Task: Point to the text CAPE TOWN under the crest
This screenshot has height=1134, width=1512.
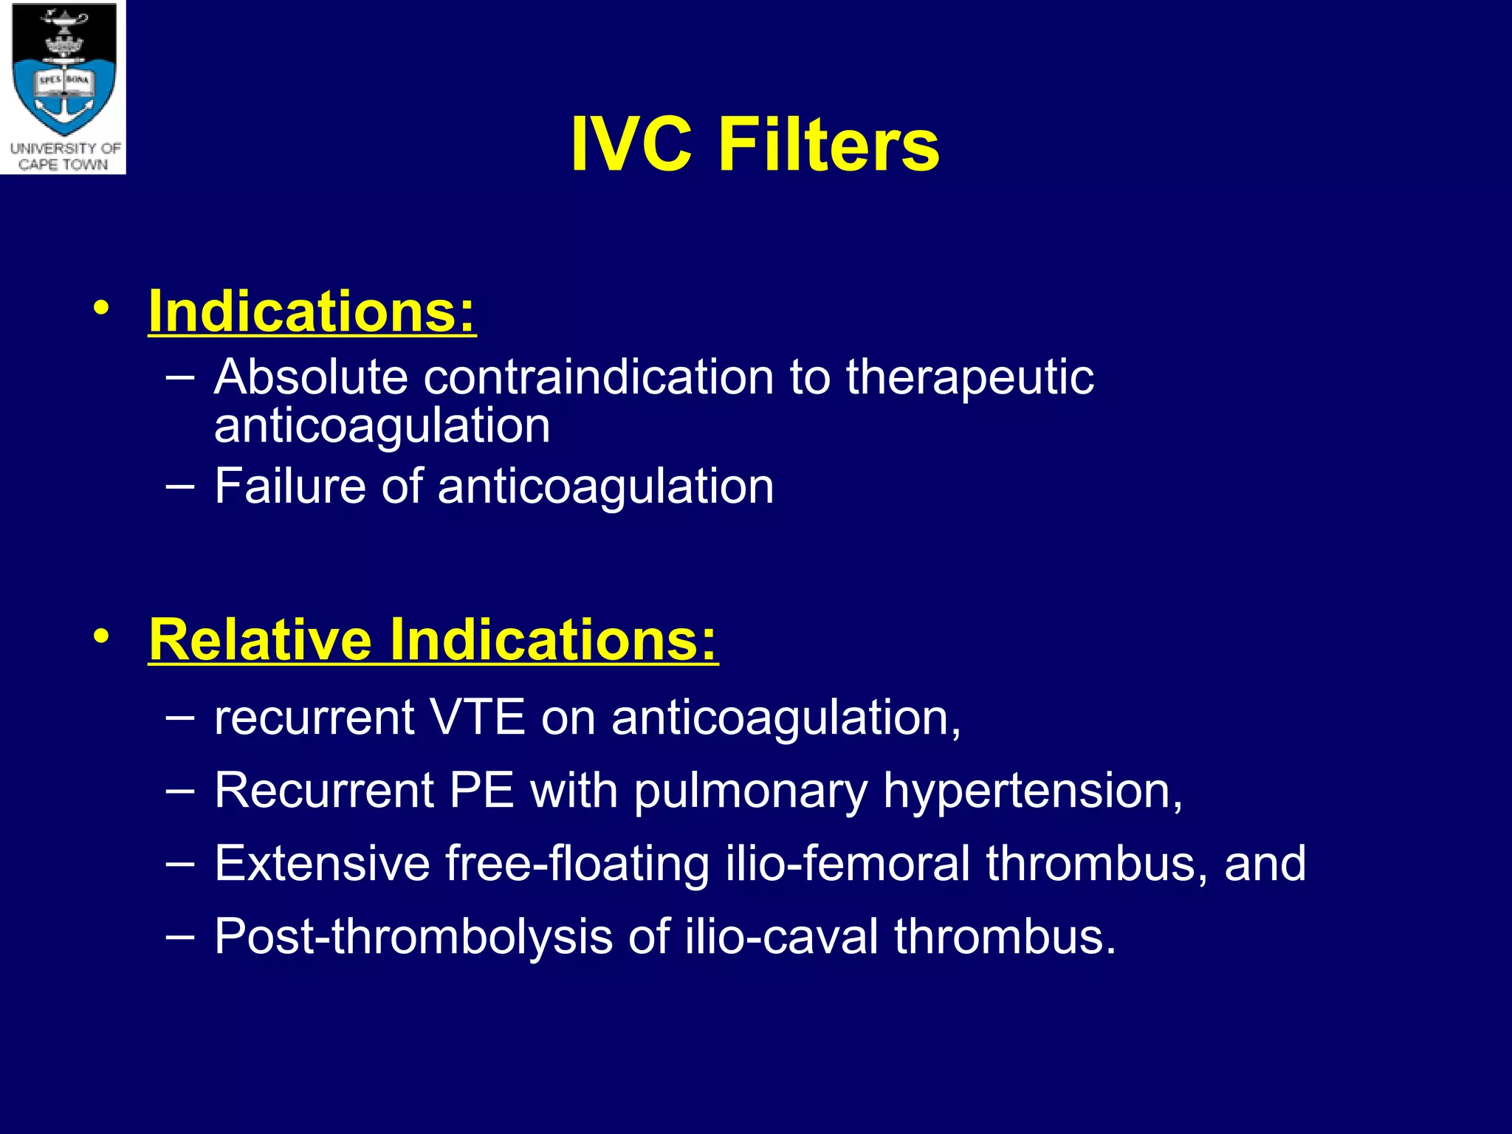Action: point(63,165)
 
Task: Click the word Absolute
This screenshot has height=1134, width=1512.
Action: point(310,377)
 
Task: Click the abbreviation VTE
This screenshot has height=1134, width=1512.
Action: point(477,717)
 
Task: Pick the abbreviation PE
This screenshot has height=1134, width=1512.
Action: point(481,790)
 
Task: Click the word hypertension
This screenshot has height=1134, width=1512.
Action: point(1032,791)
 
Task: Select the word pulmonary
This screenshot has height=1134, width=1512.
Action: point(750,791)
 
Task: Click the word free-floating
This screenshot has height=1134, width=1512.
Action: point(577,863)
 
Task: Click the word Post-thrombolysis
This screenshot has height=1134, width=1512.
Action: point(413,937)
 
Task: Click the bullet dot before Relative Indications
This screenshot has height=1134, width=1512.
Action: point(101,636)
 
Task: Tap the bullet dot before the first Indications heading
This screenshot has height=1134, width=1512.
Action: point(101,308)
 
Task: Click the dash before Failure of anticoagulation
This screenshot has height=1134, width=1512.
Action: point(180,486)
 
